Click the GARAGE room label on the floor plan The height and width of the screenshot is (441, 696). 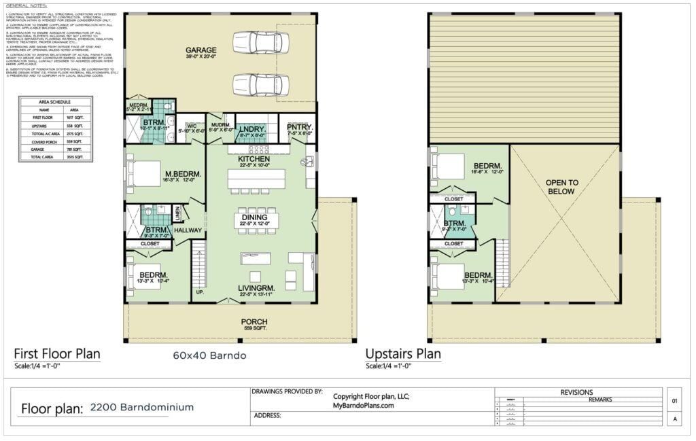pyautogui.click(x=201, y=50)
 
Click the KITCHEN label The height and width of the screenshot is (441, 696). pyautogui.click(x=254, y=158)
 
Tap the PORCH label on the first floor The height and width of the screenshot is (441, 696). pyautogui.click(x=254, y=321)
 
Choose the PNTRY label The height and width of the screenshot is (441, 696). pyautogui.click(x=298, y=126)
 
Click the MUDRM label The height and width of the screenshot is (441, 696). pyautogui.click(x=220, y=125)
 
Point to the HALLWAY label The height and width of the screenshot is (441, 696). pyautogui.click(x=188, y=230)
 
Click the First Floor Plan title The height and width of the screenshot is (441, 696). pyautogui.click(x=57, y=353)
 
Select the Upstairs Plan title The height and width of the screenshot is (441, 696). pyautogui.click(x=403, y=353)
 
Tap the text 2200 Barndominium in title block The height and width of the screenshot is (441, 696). pyautogui.click(x=141, y=407)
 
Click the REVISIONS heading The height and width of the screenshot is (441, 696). pyautogui.click(x=576, y=392)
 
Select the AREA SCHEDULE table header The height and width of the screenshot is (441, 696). pyautogui.click(x=54, y=101)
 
